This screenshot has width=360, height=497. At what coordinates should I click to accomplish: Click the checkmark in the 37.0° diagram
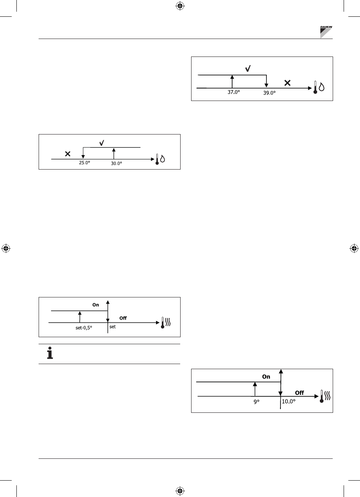tap(248, 68)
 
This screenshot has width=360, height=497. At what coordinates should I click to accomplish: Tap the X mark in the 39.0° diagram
tap(287, 83)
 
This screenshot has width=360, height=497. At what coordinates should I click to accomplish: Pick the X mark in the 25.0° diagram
tap(67, 154)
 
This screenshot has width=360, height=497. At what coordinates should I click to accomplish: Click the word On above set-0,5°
tap(96, 305)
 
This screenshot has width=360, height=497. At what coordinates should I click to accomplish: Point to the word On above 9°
tap(266, 377)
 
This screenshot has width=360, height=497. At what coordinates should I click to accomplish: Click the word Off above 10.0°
tap(299, 393)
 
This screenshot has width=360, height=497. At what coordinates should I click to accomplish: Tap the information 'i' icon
tap(50, 354)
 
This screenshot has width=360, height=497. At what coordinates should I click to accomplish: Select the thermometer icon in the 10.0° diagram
tap(322, 396)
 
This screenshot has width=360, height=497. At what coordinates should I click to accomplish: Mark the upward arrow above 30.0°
tap(113, 153)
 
